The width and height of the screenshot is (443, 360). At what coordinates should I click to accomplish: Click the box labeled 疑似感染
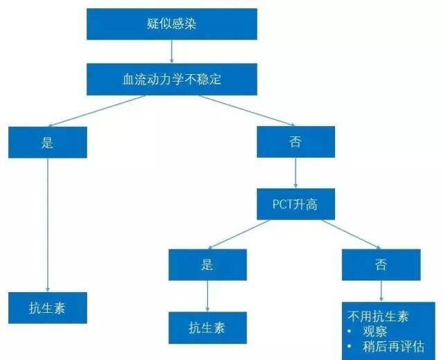pyautogui.click(x=171, y=24)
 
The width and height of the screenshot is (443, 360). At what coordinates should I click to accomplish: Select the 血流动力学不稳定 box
pyautogui.click(x=171, y=80)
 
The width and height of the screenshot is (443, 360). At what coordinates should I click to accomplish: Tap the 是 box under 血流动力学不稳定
pyautogui.click(x=48, y=142)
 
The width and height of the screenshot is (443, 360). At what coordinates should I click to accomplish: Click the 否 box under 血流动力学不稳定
pyautogui.click(x=296, y=142)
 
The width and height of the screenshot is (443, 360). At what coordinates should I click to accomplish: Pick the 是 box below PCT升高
pyautogui.click(x=208, y=264)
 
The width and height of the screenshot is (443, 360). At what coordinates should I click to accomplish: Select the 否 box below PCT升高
pyautogui.click(x=381, y=264)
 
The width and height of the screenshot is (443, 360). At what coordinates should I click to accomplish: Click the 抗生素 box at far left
pyautogui.click(x=48, y=307)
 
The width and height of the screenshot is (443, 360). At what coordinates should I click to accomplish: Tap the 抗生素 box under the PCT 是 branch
pyautogui.click(x=208, y=327)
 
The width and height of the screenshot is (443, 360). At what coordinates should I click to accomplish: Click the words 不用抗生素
pyautogui.click(x=377, y=316)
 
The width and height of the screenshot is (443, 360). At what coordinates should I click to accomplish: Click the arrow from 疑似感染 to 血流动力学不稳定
pyautogui.click(x=171, y=51)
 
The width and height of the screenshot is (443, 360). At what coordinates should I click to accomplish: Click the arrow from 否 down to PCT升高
pyautogui.click(x=296, y=173)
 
